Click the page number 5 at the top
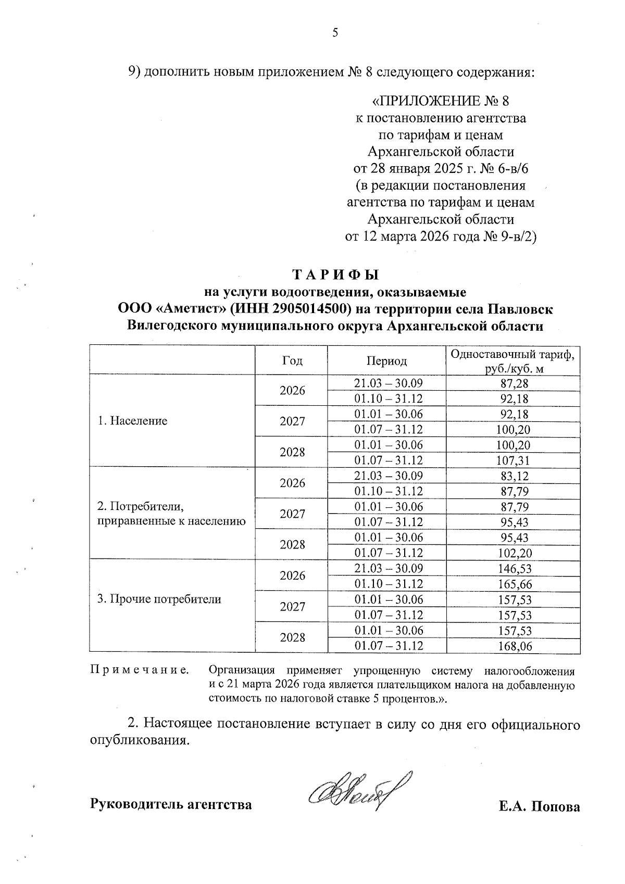(x=335, y=33)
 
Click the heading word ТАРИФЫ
(x=335, y=275)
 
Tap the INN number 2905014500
(x=302, y=309)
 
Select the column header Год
(x=292, y=360)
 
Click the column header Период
(x=386, y=360)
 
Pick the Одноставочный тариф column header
(x=513, y=360)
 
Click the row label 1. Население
(x=133, y=421)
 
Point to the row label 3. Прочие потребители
(x=159, y=599)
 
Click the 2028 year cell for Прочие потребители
(x=292, y=638)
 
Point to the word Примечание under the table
(x=140, y=669)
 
